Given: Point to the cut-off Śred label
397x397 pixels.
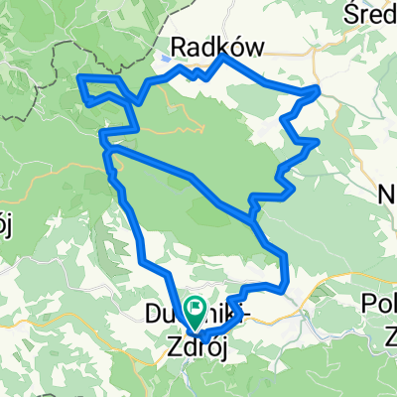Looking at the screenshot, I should coord(369,13).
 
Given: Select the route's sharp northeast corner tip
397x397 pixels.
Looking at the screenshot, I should coord(319,89).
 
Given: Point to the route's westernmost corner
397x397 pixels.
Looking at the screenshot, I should coord(79,76).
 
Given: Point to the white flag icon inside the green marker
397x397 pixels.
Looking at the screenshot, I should coord(195,310).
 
